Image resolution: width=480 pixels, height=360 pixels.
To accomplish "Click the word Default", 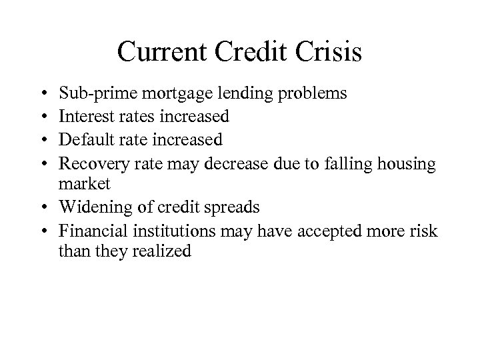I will click(85, 139).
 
